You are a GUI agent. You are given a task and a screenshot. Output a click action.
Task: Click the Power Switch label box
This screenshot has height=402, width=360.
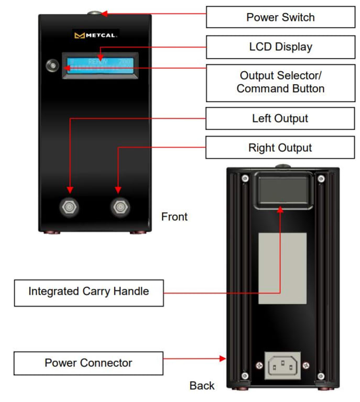pyautogui.click(x=280, y=17)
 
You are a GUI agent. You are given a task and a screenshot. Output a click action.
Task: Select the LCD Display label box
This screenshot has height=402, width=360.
pyautogui.click(x=280, y=47)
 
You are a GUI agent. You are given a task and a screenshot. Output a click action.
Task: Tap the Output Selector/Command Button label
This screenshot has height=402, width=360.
pyautogui.click(x=280, y=83)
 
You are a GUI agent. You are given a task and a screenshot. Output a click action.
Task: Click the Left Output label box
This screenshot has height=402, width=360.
pyautogui.click(x=280, y=119)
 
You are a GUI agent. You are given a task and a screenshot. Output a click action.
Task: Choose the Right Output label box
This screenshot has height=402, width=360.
pyautogui.click(x=280, y=148)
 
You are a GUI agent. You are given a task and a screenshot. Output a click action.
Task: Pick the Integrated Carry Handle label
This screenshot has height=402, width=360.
pyautogui.click(x=89, y=292)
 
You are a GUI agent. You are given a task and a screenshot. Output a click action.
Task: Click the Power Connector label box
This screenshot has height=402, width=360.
pyautogui.click(x=89, y=363)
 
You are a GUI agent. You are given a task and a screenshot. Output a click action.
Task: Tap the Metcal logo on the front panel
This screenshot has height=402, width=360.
pyautogui.click(x=96, y=36)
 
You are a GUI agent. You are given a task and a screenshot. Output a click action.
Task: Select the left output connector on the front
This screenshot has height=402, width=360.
pyautogui.click(x=70, y=208)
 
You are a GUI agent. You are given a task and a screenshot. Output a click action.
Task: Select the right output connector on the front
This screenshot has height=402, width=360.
pyautogui.click(x=120, y=208)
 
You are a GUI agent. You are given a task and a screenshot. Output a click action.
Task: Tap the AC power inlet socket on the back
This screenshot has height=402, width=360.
pyautogui.click(x=285, y=365)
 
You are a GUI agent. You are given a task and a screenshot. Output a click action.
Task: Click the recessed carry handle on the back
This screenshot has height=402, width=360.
pyautogui.click(x=283, y=189)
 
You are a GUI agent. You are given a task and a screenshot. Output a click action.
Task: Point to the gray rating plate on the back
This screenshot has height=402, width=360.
pyautogui.click(x=283, y=269)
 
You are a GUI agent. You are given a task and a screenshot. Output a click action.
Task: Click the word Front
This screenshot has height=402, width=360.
pyautogui.click(x=174, y=217)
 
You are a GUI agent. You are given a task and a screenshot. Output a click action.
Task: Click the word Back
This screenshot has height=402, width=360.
pyautogui.click(x=202, y=386)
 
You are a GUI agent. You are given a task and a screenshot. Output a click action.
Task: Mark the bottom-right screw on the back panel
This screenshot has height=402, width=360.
pyautogui.click(x=321, y=376)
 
